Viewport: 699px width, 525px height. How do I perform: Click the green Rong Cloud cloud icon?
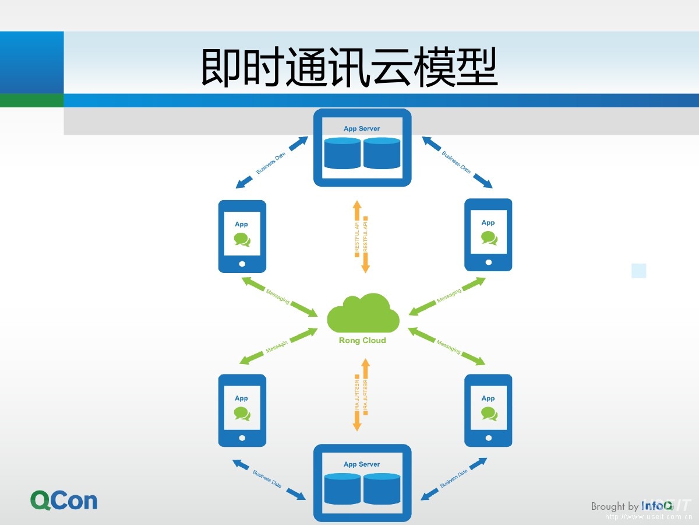pos(363,313)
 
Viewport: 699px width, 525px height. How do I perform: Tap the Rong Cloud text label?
pos(362,341)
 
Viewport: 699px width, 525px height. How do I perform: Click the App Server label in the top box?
pos(362,128)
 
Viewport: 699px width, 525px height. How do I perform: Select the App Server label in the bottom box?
pos(362,464)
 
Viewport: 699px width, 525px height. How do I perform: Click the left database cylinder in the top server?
pos(343,153)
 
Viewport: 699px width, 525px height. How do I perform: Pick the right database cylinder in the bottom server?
pos(382,489)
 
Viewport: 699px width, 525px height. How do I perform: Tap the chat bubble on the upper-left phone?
pos(242,239)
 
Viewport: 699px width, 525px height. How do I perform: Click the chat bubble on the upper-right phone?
pos(489,237)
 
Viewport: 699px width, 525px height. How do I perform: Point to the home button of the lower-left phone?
pos(242,437)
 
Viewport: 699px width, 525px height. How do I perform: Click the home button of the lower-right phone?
pos(488,437)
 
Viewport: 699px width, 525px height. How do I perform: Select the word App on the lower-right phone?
pos(488,398)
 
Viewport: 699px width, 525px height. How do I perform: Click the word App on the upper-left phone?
pos(241,224)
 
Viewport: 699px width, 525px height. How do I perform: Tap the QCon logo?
pos(64,501)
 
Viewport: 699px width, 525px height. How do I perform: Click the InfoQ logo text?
pos(656,506)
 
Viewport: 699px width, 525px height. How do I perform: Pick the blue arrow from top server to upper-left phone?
pos(272,163)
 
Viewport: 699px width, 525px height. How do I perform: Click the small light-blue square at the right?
pos(639,271)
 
